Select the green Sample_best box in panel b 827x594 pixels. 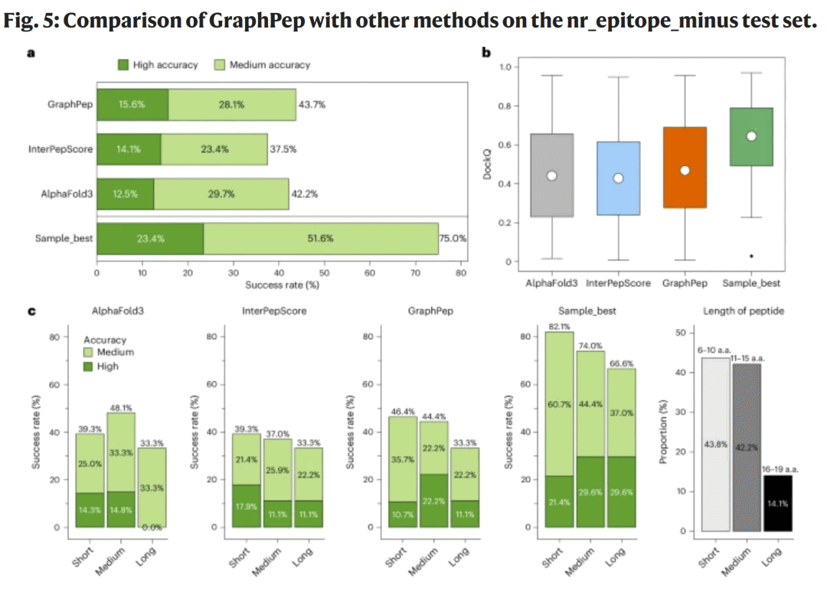[x=751, y=136]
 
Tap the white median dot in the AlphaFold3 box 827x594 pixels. [x=552, y=175]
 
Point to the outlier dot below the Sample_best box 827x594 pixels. [x=751, y=256]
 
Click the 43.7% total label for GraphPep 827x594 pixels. [x=312, y=104]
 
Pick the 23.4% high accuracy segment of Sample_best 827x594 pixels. [x=150, y=238]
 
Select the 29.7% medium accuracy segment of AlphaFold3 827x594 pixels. [x=221, y=194]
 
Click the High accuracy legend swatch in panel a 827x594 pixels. [x=123, y=65]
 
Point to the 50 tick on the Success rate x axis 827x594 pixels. [x=325, y=272]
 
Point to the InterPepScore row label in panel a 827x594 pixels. [x=60, y=149]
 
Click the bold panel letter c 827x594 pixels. [x=31, y=312]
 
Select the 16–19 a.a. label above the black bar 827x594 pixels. [x=776, y=468]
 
